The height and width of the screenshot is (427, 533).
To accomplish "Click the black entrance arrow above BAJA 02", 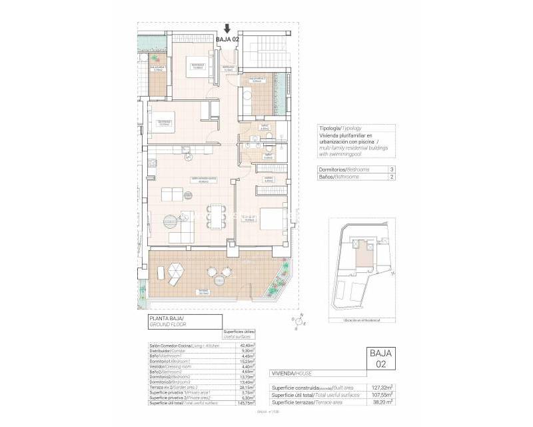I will click(228, 29).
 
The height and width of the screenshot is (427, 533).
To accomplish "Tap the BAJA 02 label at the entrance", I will click(228, 39).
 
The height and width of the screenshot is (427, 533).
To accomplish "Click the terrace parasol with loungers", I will click(175, 273).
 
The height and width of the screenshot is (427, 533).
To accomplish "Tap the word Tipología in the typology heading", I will click(330, 127).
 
